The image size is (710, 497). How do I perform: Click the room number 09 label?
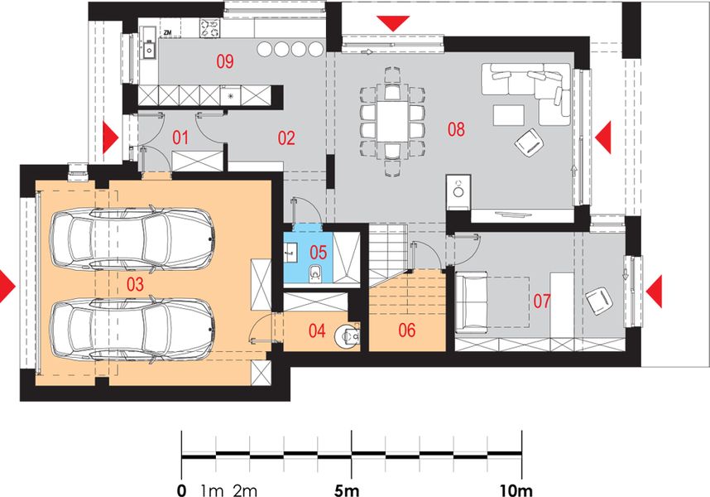pos(225,60)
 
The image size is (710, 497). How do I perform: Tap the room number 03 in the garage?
pos(135,284)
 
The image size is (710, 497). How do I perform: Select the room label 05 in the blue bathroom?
pos(319,252)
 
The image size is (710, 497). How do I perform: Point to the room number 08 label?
pos(456,129)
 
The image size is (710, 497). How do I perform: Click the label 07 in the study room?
pos(542,301)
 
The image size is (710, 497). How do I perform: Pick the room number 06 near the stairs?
pos(406,331)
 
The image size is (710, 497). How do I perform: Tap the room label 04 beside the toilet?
pos(317,331)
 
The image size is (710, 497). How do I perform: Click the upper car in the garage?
pos(132,239)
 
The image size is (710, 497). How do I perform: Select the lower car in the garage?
pos(132,330)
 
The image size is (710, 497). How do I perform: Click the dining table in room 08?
pos(392,122)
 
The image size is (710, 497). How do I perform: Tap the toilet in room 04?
pos(348,335)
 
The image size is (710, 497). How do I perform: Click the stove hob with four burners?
pos(209,28)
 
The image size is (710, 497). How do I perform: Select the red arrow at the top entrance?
pos(393,23)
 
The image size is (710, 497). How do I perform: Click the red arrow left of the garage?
pos(7,287)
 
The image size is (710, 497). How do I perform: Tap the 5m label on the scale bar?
pos(347,490)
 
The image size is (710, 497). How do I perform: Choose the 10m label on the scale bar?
pos(516,490)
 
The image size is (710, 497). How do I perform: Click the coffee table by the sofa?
pos(509,115)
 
